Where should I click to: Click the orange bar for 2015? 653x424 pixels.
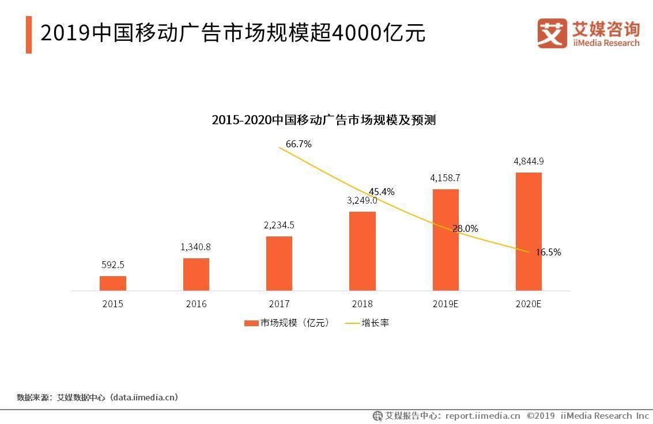coord(112,283)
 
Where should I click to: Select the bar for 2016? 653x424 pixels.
coord(196,274)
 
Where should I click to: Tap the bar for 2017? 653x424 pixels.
coord(279,263)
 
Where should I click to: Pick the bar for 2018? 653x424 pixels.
coord(363,251)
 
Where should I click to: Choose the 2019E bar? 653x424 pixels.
coord(446,240)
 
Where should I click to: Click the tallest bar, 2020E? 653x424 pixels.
coord(529,231)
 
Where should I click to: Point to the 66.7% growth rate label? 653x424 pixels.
coord(299,144)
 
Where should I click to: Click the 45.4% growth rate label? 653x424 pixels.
coord(382,192)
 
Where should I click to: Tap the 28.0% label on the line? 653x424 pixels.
coord(465,228)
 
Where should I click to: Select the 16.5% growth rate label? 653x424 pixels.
coord(548,252)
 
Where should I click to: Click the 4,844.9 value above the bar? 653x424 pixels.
coord(529,161)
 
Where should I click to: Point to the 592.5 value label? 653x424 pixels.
coord(112,265)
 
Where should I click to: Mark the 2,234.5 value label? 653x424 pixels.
coord(279,225)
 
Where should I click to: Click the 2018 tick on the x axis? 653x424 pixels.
coord(363,304)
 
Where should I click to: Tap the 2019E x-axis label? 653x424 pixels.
coord(446,304)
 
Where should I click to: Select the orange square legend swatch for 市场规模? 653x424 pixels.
coord(251,323)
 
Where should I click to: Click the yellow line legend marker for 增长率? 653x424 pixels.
coord(352,323)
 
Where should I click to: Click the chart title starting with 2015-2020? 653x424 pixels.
coord(323,120)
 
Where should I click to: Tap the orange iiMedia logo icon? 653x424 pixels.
coord(552,33)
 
